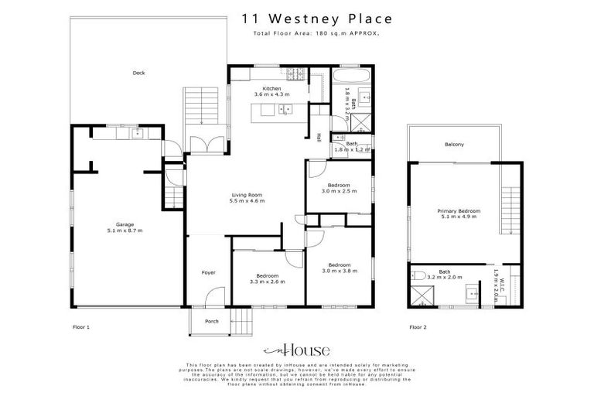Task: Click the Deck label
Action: point(138,73)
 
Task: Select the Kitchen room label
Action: point(271,89)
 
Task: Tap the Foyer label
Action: point(209,273)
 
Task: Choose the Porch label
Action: point(211,321)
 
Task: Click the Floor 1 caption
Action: point(81,327)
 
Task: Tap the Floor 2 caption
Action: point(418,327)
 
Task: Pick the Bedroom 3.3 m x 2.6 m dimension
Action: point(267,282)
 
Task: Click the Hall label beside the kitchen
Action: point(318,137)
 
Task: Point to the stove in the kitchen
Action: point(296,75)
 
